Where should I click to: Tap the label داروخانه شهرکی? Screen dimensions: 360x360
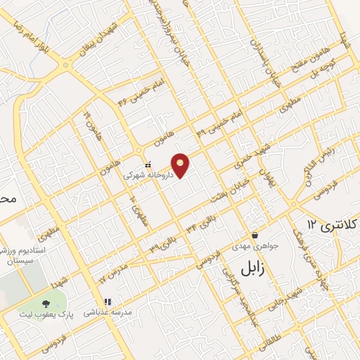(147, 174)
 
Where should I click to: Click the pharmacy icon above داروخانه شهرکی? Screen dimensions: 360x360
(147, 163)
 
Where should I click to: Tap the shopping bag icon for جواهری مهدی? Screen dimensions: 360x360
(255, 234)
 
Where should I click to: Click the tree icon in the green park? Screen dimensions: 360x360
(46, 304)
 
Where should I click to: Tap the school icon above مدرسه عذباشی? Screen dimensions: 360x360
(108, 302)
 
